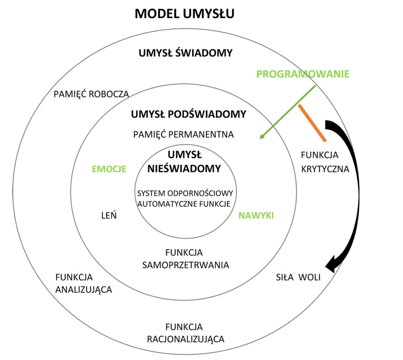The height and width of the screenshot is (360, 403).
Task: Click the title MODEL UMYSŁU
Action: (x=185, y=14)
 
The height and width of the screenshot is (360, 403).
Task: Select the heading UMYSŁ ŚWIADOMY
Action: (x=185, y=53)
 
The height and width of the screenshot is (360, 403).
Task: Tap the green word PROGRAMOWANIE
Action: (x=303, y=74)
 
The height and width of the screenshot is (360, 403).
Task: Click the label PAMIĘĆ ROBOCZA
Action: (x=91, y=94)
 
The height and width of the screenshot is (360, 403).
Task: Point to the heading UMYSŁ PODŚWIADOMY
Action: (x=189, y=115)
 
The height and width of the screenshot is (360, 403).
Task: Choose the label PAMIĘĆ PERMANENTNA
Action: (x=183, y=134)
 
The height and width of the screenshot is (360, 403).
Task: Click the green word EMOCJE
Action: (x=109, y=169)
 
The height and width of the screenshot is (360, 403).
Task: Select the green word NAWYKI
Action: (x=256, y=215)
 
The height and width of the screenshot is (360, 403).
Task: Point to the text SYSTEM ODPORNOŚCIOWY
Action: (x=185, y=194)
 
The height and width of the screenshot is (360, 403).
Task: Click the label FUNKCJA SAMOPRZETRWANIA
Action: (x=185, y=258)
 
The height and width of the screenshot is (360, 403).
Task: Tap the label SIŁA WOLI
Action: (x=298, y=277)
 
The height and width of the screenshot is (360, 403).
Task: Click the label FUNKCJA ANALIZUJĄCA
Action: (x=83, y=283)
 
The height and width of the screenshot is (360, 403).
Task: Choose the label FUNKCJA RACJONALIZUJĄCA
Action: (x=185, y=333)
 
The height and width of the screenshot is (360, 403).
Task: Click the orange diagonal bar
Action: (x=312, y=123)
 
